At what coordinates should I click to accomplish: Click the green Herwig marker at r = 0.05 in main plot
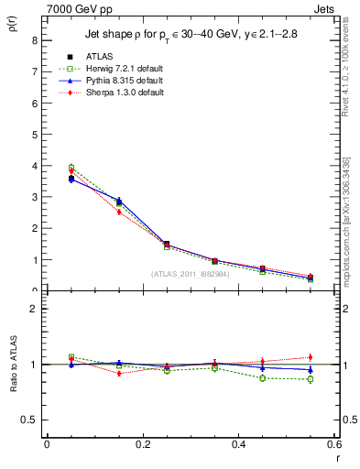[71, 168]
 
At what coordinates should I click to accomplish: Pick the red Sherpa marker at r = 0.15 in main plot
[118, 212]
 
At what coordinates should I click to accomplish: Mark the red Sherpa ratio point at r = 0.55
[310, 357]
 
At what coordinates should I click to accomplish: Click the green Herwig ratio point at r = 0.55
[310, 379]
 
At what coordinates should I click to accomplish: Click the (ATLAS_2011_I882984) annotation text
[190, 273]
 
